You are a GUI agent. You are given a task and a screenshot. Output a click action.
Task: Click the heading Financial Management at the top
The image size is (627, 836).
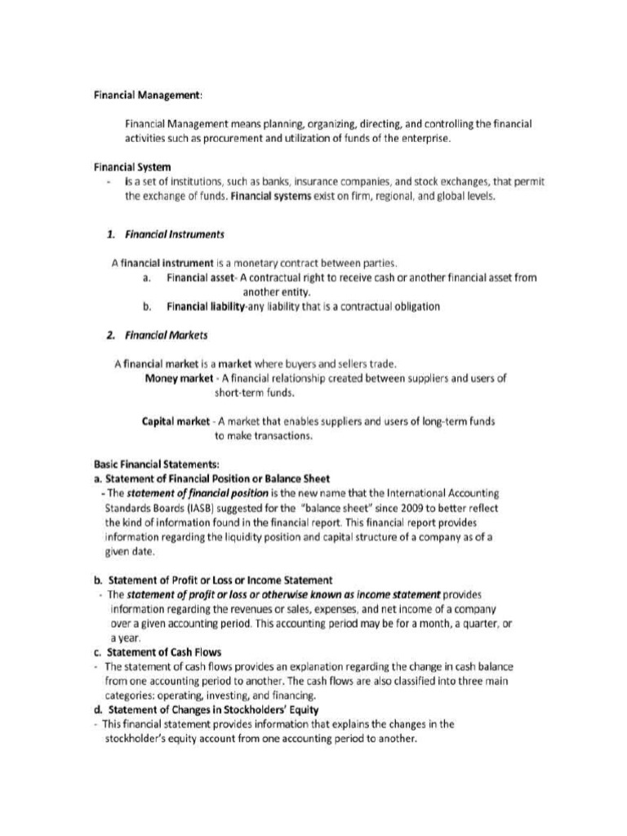(x=147, y=96)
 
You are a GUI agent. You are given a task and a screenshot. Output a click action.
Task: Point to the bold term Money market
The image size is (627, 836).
(x=178, y=378)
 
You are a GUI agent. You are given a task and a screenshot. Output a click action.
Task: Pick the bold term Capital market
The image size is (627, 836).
(x=176, y=422)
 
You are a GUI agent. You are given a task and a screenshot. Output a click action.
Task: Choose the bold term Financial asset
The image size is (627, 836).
(x=201, y=278)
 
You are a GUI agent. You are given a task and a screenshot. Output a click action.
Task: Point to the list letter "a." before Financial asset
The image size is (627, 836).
(x=146, y=278)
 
